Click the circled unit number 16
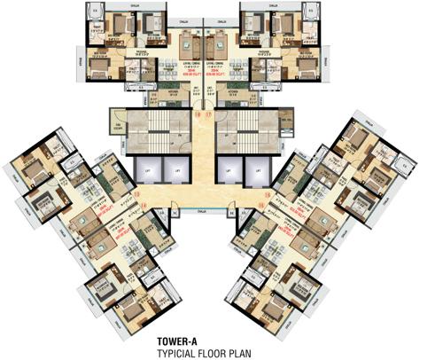(198, 115)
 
